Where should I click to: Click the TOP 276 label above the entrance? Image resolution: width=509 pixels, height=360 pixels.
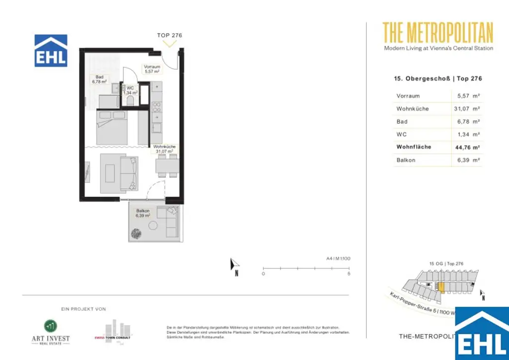[x=170, y=35]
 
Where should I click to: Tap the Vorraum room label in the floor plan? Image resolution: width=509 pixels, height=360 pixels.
[x=152, y=69]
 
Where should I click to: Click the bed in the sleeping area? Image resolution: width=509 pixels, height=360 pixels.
[x=112, y=126]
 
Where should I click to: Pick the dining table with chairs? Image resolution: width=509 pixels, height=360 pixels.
[x=167, y=165]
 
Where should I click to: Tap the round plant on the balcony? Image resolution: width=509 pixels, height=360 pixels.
[x=137, y=233]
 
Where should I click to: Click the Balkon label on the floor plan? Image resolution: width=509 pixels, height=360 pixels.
[x=143, y=213]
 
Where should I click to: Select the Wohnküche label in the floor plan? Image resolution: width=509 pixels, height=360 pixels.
[x=164, y=149]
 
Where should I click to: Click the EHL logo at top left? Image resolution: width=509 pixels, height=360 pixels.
[x=51, y=51]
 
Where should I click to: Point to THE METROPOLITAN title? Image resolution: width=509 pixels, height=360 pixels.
[x=438, y=33]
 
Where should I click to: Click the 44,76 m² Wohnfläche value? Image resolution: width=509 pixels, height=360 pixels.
[x=468, y=147]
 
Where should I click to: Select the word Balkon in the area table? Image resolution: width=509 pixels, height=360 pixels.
[x=406, y=160]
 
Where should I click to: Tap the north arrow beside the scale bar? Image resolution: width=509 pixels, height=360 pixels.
[x=235, y=266]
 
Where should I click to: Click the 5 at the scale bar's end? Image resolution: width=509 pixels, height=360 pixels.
[x=349, y=274]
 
